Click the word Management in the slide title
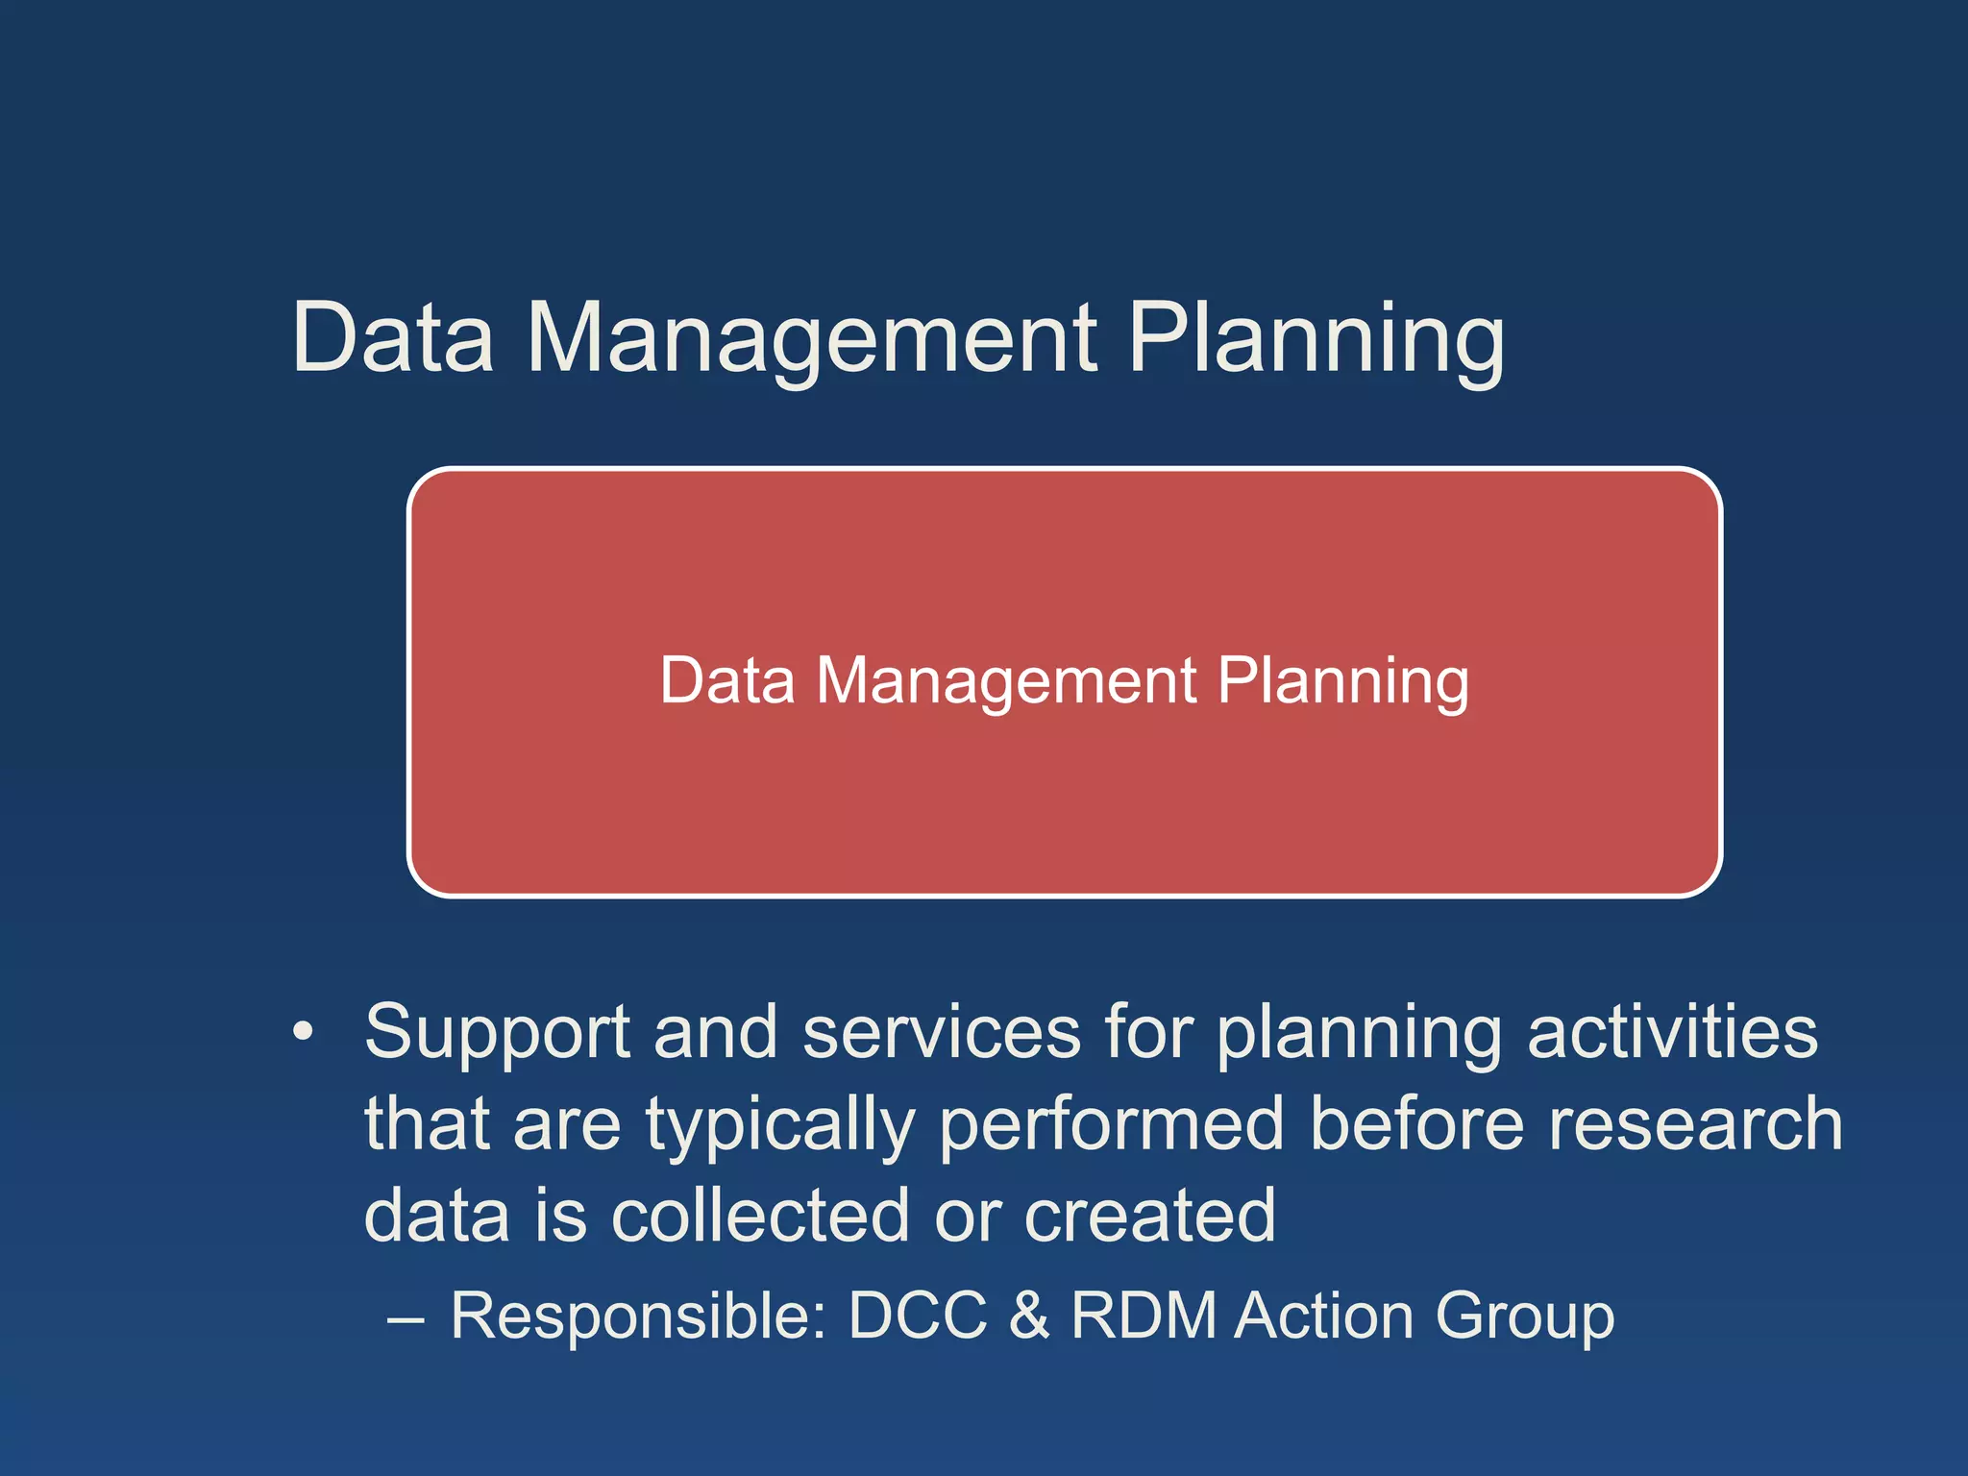812,338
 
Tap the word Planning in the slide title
1316,338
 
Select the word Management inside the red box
1006,681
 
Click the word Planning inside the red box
1342,681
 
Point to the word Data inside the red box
727,681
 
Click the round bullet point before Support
303,1032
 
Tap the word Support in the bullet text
497,1032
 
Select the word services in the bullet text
942,1032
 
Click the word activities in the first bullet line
1672,1032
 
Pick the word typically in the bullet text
780,1124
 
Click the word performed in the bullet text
1111,1124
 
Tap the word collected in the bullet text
760,1216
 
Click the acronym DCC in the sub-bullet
918,1316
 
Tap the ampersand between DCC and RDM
1029,1316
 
